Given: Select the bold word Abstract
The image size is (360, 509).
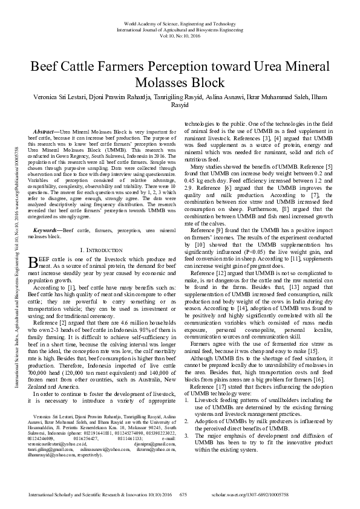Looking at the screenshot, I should (45, 131).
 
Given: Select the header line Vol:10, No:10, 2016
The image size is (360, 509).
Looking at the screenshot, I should (180, 36).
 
